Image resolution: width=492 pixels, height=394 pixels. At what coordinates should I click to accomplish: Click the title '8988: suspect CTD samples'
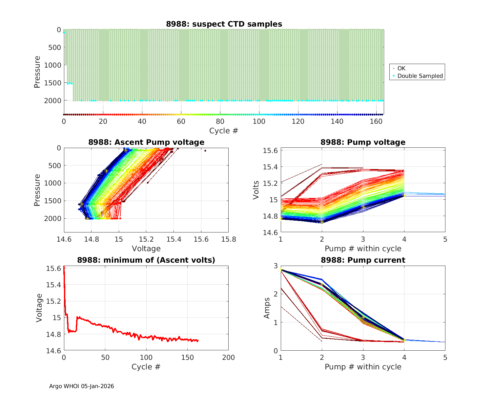224,24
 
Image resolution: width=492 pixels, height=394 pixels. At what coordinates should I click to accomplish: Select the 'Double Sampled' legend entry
420,76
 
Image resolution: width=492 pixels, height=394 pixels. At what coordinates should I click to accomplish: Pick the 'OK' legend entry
401,68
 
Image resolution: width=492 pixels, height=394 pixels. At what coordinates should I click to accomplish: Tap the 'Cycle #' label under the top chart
224,131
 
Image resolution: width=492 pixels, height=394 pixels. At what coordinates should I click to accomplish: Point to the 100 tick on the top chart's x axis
259,121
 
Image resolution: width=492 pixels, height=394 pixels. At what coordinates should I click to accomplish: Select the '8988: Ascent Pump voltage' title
146,142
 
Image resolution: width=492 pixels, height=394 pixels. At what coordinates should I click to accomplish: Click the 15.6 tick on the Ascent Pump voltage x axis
201,239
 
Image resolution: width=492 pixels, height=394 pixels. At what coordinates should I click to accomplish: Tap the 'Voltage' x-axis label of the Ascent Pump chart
146,249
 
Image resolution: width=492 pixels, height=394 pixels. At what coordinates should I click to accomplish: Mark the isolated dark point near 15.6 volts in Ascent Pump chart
205,151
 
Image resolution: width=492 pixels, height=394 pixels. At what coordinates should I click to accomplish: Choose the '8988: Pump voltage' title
363,142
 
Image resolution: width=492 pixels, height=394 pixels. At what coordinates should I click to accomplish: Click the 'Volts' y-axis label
256,190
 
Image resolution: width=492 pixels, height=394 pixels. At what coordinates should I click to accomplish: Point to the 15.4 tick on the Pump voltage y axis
270,167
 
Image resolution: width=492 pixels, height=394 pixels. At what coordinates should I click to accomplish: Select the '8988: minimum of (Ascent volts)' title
146,260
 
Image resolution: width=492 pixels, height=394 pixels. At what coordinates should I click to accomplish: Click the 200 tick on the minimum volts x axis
228,358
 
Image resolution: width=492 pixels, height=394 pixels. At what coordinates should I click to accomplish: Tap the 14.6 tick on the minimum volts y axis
53,351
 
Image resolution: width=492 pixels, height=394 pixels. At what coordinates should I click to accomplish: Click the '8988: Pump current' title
363,260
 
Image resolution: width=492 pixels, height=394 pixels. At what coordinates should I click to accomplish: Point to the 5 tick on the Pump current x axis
445,358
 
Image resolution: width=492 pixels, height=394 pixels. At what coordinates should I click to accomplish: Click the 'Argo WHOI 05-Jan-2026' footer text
82,386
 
